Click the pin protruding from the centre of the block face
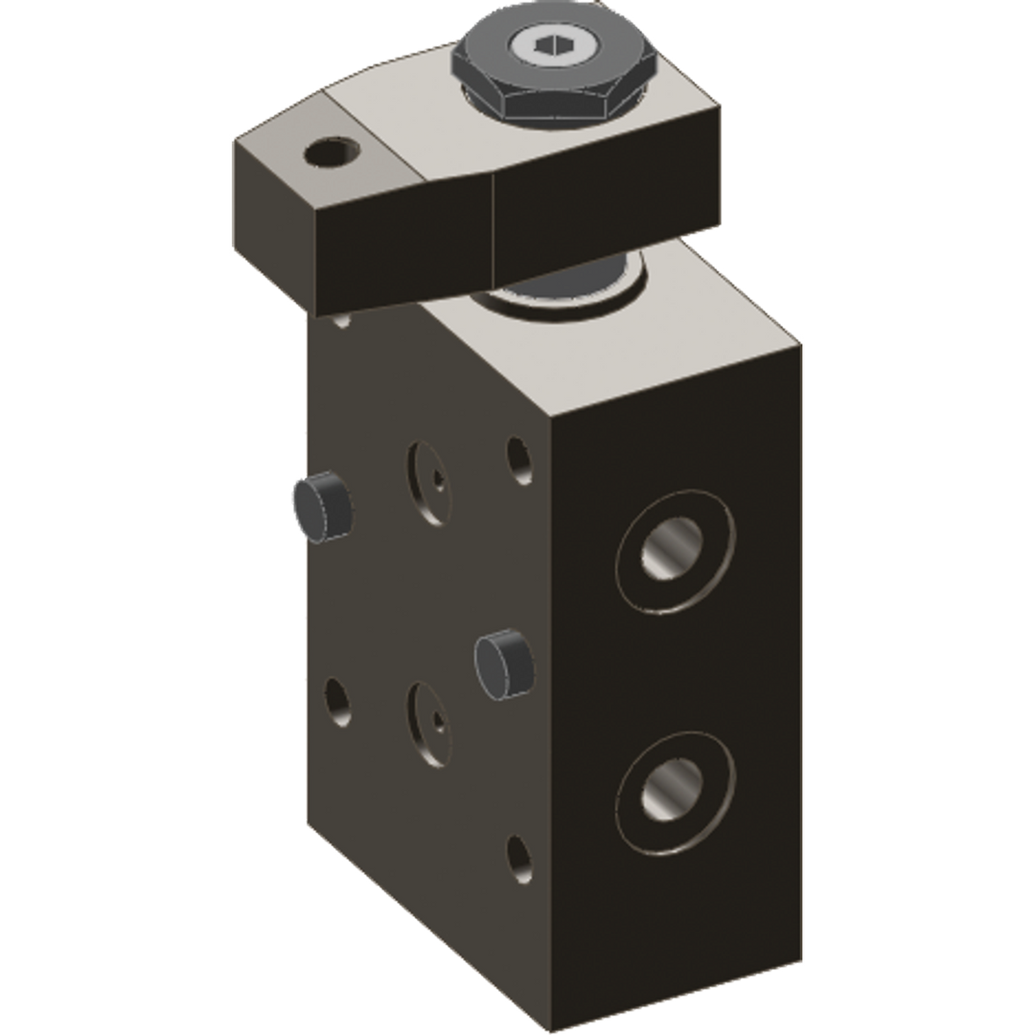pyautogui.click(x=504, y=662)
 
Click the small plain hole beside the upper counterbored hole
pyautogui.click(x=518, y=460)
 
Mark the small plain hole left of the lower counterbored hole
pyautogui.click(x=337, y=702)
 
